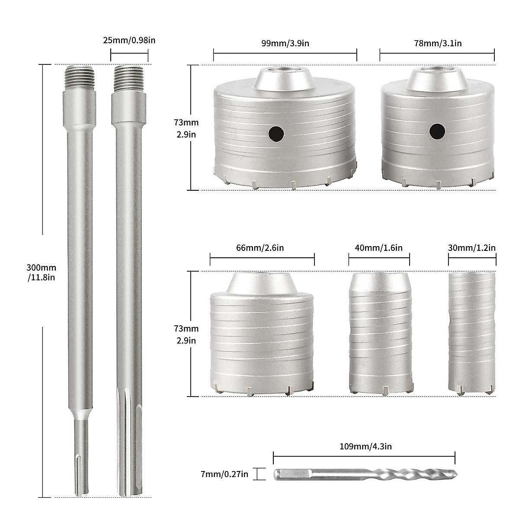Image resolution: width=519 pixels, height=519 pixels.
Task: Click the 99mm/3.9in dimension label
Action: pos(285,43)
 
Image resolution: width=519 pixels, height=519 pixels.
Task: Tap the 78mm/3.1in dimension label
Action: pos(437,43)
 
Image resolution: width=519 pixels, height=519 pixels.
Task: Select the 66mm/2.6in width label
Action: pos(262,248)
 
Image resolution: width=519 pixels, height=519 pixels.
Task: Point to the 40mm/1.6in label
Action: pos(379,248)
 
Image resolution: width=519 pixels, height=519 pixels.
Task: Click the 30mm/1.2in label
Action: pos(472,248)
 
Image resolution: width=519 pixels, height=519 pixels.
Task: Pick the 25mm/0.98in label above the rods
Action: pos(129,41)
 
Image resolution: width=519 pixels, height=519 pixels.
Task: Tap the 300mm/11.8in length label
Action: pos(42,273)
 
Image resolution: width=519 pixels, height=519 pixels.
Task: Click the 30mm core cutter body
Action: pos(472,333)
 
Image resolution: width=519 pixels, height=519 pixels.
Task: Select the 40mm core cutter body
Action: pos(379,333)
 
